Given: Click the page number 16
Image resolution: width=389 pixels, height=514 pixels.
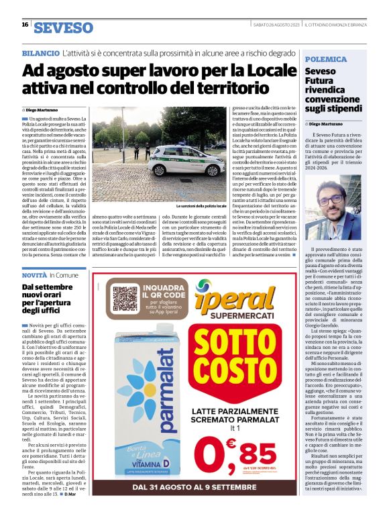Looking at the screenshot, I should point(25,25).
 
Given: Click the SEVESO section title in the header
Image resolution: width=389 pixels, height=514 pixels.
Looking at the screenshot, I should point(64,28).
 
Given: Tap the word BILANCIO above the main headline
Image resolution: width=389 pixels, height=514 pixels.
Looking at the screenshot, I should point(40,52).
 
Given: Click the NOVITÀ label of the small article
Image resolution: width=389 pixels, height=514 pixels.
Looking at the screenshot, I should point(34,275).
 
